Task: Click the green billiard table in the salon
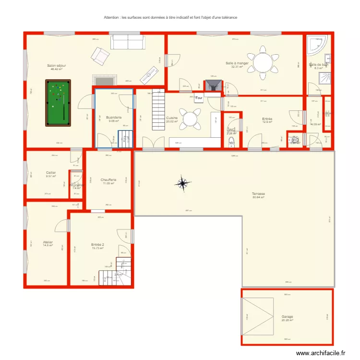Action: click(x=58, y=103)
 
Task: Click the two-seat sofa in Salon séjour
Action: click(x=128, y=42)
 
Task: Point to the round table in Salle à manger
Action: click(x=263, y=62)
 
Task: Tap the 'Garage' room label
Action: click(x=287, y=317)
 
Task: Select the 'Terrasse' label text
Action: click(x=259, y=194)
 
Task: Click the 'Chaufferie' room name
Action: click(x=108, y=180)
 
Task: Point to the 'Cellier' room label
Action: click(x=51, y=172)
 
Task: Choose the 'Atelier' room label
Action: click(x=48, y=242)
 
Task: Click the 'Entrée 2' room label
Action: click(x=97, y=245)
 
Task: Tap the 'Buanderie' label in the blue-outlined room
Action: click(x=114, y=117)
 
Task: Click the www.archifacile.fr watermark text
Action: click(x=320, y=353)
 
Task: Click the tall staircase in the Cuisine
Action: click(x=157, y=111)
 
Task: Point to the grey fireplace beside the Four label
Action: click(x=212, y=85)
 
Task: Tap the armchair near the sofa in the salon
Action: click(x=101, y=56)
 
